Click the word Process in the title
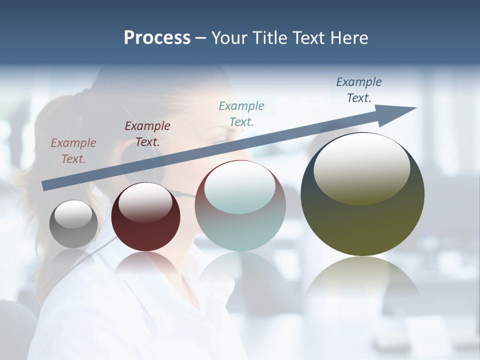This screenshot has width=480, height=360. tap(157, 38)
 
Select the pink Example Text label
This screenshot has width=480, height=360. tap(73, 151)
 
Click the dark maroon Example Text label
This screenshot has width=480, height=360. tap(147, 134)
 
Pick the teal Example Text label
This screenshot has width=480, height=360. tap(241, 114)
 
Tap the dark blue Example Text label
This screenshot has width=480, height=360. tap(359, 90)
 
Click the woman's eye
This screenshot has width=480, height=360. tap(220, 140)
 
